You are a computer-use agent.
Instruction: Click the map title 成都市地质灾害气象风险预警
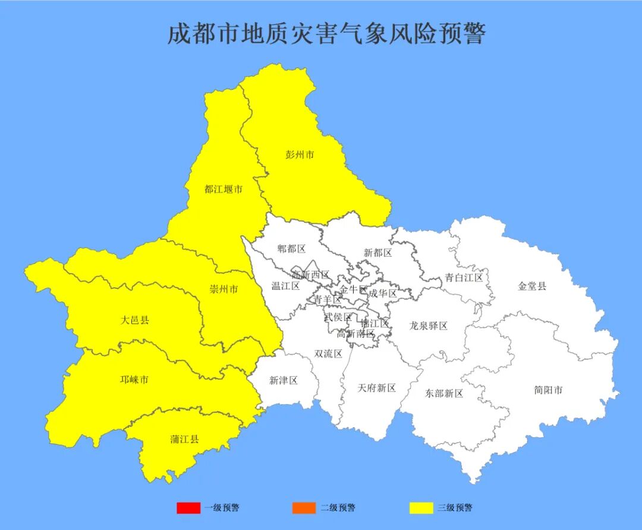pyautogui.click(x=326, y=33)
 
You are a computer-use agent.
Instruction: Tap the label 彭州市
pyautogui.click(x=300, y=154)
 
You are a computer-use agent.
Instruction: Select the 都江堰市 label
pyautogui.click(x=224, y=190)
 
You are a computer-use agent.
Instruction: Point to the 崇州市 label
pyautogui.click(x=224, y=289)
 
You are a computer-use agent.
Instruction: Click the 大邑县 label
pyautogui.click(x=135, y=320)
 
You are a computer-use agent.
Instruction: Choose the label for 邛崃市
pyautogui.click(x=134, y=379)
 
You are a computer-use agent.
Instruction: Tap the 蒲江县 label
pyautogui.click(x=184, y=440)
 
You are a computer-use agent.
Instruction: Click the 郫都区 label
pyautogui.click(x=291, y=248)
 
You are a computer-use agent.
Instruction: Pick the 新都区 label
pyautogui.click(x=378, y=253)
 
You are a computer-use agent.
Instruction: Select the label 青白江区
pyautogui.click(x=464, y=277)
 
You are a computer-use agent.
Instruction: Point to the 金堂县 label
pyautogui.click(x=532, y=286)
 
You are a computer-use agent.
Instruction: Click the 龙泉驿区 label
pyautogui.click(x=428, y=326)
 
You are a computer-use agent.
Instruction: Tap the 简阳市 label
pyautogui.click(x=548, y=390)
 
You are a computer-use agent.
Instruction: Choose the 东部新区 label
pyautogui.click(x=444, y=393)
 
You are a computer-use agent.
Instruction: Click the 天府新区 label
pyautogui.click(x=377, y=388)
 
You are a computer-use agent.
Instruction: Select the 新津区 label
pyautogui.click(x=284, y=380)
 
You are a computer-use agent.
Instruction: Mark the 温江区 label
pyautogui.click(x=286, y=286)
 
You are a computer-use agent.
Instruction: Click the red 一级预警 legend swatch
pyautogui.click(x=188, y=508)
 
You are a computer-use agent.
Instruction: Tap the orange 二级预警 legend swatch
pyautogui.click(x=304, y=508)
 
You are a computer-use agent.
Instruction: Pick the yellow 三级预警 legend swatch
pyautogui.click(x=421, y=508)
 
